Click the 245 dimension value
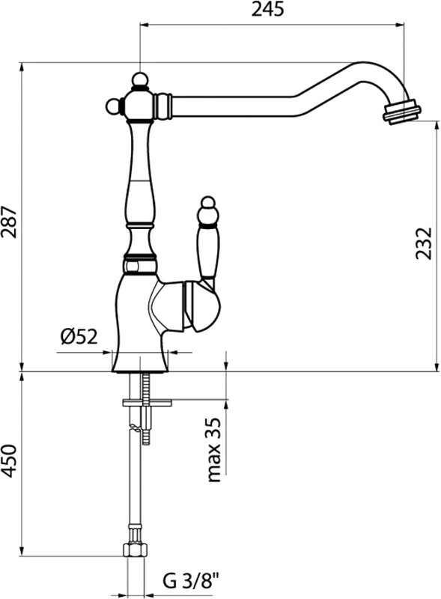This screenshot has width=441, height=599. pyautogui.click(x=267, y=9)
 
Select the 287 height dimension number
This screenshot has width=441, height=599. pyautogui.click(x=9, y=222)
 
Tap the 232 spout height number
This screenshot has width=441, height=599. pyautogui.click(x=424, y=243)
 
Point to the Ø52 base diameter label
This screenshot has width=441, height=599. pyautogui.click(x=79, y=336)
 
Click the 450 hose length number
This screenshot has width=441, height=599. pyautogui.click(x=9, y=461)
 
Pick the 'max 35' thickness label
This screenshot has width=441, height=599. pyautogui.click(x=213, y=450)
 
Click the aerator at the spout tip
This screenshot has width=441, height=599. pyautogui.click(x=401, y=111)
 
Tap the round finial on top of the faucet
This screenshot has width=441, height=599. pyautogui.click(x=139, y=79)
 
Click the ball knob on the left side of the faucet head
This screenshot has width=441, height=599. pyautogui.click(x=113, y=106)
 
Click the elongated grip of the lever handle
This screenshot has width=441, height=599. pyautogui.click(x=208, y=252)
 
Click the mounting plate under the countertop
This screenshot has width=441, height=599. pyautogui.click(x=147, y=402)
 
